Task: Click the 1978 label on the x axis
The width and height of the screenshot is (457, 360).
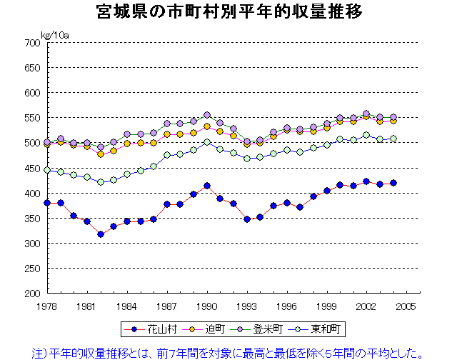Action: point(47,305)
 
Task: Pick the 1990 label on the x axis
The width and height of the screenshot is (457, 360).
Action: point(207,305)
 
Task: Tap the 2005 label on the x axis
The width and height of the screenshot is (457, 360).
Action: point(406,305)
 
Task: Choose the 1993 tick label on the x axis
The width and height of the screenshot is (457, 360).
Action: point(247,305)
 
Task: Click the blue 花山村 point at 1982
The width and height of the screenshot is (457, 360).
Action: point(101,234)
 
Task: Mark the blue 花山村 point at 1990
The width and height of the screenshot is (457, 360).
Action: point(207,186)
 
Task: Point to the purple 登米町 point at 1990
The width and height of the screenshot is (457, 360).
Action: point(207,115)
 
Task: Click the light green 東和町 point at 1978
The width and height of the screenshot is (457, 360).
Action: point(47,170)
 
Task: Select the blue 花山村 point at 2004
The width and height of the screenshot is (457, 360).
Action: point(393,183)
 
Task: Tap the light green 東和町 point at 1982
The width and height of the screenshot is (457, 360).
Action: point(101,182)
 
